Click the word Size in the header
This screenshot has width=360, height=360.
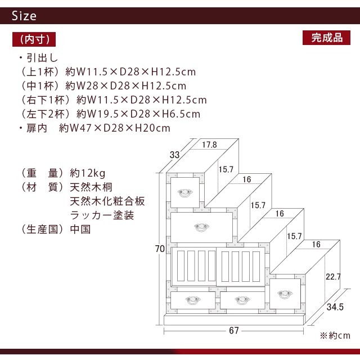pos(24,16)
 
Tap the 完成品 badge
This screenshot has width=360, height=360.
pos(326,38)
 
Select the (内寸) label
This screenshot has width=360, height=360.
pos(34,39)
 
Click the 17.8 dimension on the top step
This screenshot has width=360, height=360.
pos(209,145)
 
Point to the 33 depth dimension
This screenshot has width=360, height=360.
pos(174,155)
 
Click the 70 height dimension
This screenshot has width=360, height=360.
pos(160,249)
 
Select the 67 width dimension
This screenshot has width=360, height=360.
pos(234,330)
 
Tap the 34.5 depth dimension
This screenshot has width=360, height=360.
pos(335,307)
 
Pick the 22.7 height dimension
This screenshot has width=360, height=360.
pos(333,277)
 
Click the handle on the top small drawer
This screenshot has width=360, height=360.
pos(185,193)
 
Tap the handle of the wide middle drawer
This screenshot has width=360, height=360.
pos(201,227)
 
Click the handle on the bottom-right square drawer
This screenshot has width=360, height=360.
pos(285,295)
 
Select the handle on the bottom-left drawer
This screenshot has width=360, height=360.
pos(193,300)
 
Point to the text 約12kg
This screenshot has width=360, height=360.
pos(88,173)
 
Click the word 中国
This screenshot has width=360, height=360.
pos(80,229)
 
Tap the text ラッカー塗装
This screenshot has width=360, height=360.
pos(102,215)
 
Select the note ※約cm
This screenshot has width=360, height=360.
pos(335,336)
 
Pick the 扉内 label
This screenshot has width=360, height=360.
pos(37,128)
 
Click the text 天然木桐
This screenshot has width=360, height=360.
pos(91,187)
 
